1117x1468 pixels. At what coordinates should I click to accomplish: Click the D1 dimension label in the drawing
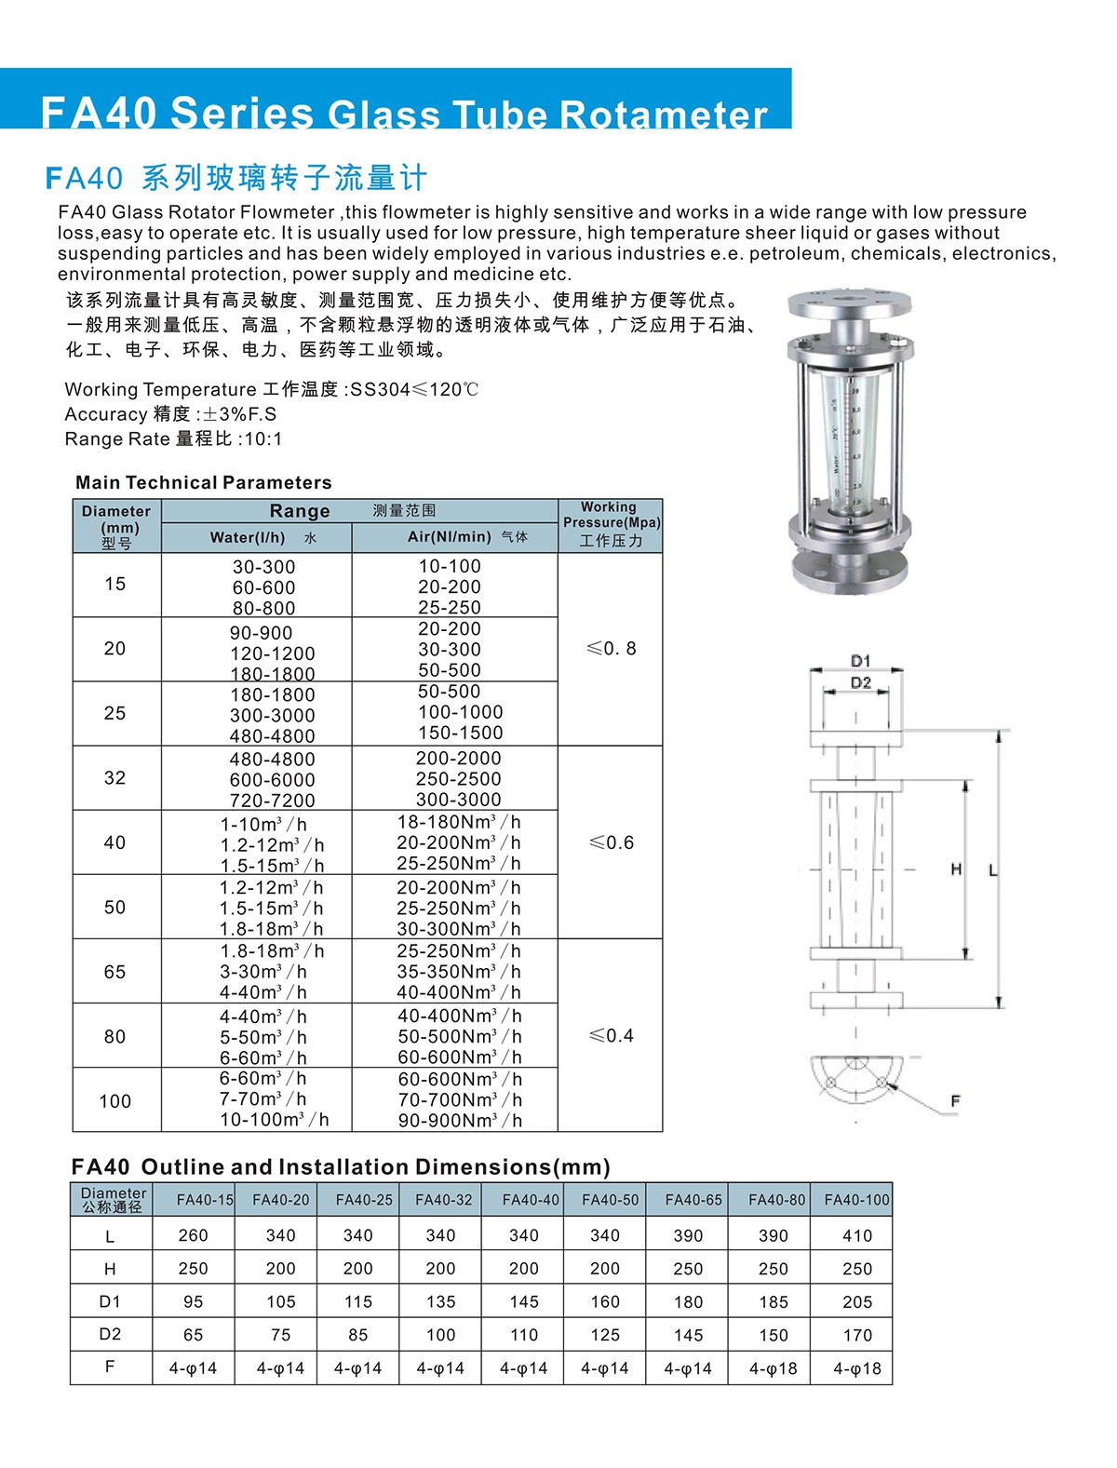click(861, 660)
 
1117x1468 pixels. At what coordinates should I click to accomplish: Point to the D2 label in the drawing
click(861, 682)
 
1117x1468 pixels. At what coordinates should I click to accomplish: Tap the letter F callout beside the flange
click(955, 1101)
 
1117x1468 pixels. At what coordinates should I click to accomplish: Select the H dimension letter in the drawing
click(956, 869)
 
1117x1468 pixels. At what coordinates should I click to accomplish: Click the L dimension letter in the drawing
click(993, 869)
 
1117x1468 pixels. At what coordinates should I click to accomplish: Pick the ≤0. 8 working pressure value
click(612, 649)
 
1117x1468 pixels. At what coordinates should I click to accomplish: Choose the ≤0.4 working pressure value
click(612, 1035)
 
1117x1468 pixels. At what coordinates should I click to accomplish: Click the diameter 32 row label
click(115, 778)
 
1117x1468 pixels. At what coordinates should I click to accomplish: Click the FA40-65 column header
click(693, 1200)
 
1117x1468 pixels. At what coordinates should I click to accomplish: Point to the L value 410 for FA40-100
click(857, 1236)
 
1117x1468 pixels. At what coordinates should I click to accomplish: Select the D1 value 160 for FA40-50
click(605, 1301)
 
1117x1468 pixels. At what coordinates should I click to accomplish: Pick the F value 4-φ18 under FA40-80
click(773, 1368)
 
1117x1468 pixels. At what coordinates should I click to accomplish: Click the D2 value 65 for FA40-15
click(194, 1335)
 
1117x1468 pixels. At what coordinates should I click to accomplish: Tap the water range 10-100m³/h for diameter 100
click(275, 1120)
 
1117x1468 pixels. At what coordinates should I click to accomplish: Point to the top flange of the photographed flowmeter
click(848, 304)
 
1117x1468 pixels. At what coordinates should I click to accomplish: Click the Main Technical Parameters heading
click(204, 482)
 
